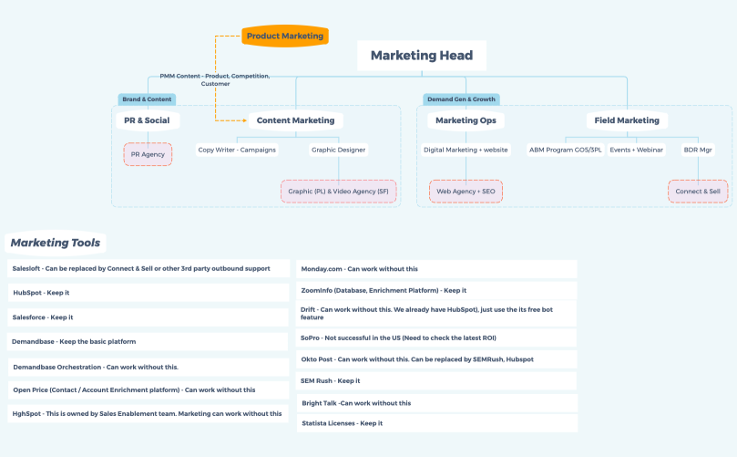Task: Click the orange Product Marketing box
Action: click(x=284, y=36)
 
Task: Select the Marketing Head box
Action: click(x=421, y=56)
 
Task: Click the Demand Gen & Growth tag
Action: click(x=461, y=99)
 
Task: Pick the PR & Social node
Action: click(x=147, y=120)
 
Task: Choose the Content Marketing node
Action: click(x=295, y=120)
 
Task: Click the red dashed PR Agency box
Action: click(x=148, y=154)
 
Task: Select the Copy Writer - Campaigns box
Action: click(x=237, y=150)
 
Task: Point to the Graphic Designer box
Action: click(x=338, y=150)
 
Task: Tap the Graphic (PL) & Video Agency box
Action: click(x=338, y=192)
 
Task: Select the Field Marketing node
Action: click(x=627, y=120)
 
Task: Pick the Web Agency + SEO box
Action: click(x=466, y=192)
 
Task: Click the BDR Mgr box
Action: click(x=698, y=150)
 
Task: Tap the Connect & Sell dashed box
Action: click(x=698, y=192)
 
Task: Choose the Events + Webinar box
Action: click(x=637, y=150)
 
